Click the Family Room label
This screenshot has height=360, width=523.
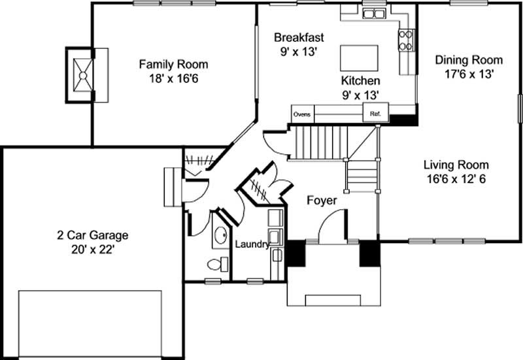tap(173, 64)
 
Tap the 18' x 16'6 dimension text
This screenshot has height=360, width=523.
tap(173, 78)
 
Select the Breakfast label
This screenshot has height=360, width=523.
tap(299, 37)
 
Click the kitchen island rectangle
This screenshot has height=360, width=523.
tap(359, 58)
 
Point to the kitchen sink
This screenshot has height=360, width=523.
tap(373, 14)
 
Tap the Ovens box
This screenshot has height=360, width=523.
tap(303, 114)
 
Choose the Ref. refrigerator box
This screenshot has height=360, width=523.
tap(375, 112)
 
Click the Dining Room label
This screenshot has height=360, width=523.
tap(469, 60)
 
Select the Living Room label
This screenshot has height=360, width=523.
tap(456, 165)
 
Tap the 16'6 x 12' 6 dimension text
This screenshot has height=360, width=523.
tap(456, 179)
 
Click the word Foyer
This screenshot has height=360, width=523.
tap(322, 201)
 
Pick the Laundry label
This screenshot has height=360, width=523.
tap(252, 244)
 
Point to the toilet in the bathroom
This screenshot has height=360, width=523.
tap(218, 264)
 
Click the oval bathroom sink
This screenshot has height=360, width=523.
tap(220, 235)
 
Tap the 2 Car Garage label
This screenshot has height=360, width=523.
tap(93, 235)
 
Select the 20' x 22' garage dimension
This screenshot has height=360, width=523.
tap(93, 250)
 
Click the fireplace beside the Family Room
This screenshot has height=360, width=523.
tap(83, 75)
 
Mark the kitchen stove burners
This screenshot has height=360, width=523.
tap(406, 40)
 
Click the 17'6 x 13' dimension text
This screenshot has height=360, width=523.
tap(469, 74)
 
